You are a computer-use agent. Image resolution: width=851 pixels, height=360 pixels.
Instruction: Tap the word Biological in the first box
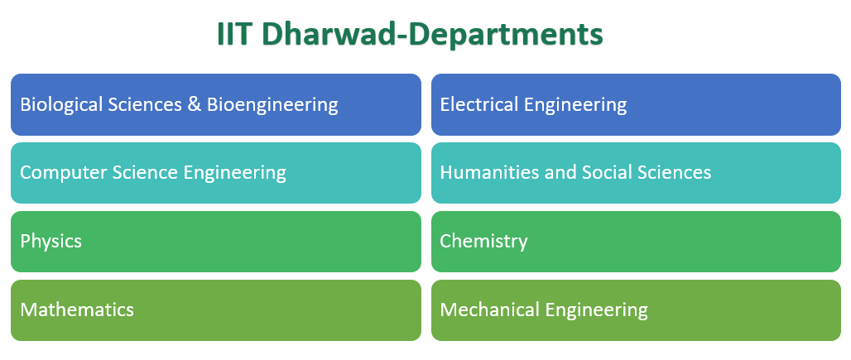coord(61,105)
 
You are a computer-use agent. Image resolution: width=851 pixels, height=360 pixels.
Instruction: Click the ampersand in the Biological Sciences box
coord(195,105)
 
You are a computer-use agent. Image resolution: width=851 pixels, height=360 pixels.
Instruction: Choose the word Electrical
coord(476,105)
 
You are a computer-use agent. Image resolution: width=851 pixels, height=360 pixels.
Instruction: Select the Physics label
coord(50,242)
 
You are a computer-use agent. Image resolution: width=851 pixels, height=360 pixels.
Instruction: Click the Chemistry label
coord(483,242)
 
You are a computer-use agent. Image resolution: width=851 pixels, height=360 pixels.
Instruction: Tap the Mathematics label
coord(77,310)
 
